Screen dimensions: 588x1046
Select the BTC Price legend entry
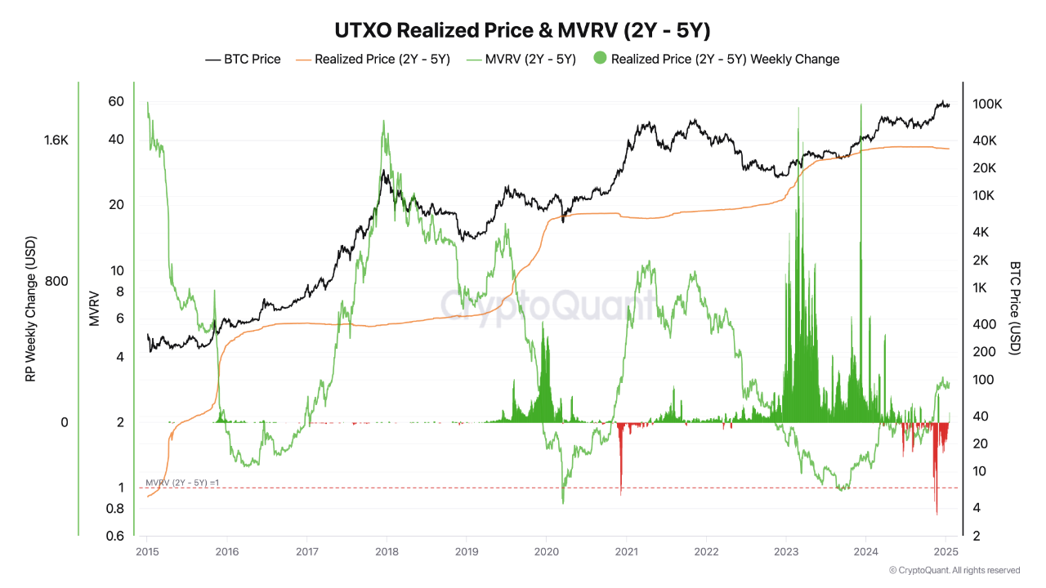[x=243, y=59]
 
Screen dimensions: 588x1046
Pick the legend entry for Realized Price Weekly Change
[x=717, y=59]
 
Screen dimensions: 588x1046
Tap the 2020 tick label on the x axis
[x=546, y=553]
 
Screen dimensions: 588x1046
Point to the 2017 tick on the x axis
[x=306, y=553]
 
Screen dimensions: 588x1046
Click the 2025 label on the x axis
[x=945, y=553]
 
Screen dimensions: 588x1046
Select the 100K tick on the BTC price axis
[x=986, y=105]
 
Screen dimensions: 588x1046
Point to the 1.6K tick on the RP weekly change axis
[x=56, y=140]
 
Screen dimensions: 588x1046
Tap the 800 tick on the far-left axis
[x=56, y=281]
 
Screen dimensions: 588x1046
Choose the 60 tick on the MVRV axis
[x=115, y=101]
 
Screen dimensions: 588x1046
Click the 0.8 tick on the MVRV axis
[x=115, y=508]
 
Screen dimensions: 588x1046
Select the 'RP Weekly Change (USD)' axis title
[x=30, y=310]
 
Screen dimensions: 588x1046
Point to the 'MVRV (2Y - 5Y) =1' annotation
[x=182, y=483]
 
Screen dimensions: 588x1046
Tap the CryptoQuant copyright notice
[x=954, y=570]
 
